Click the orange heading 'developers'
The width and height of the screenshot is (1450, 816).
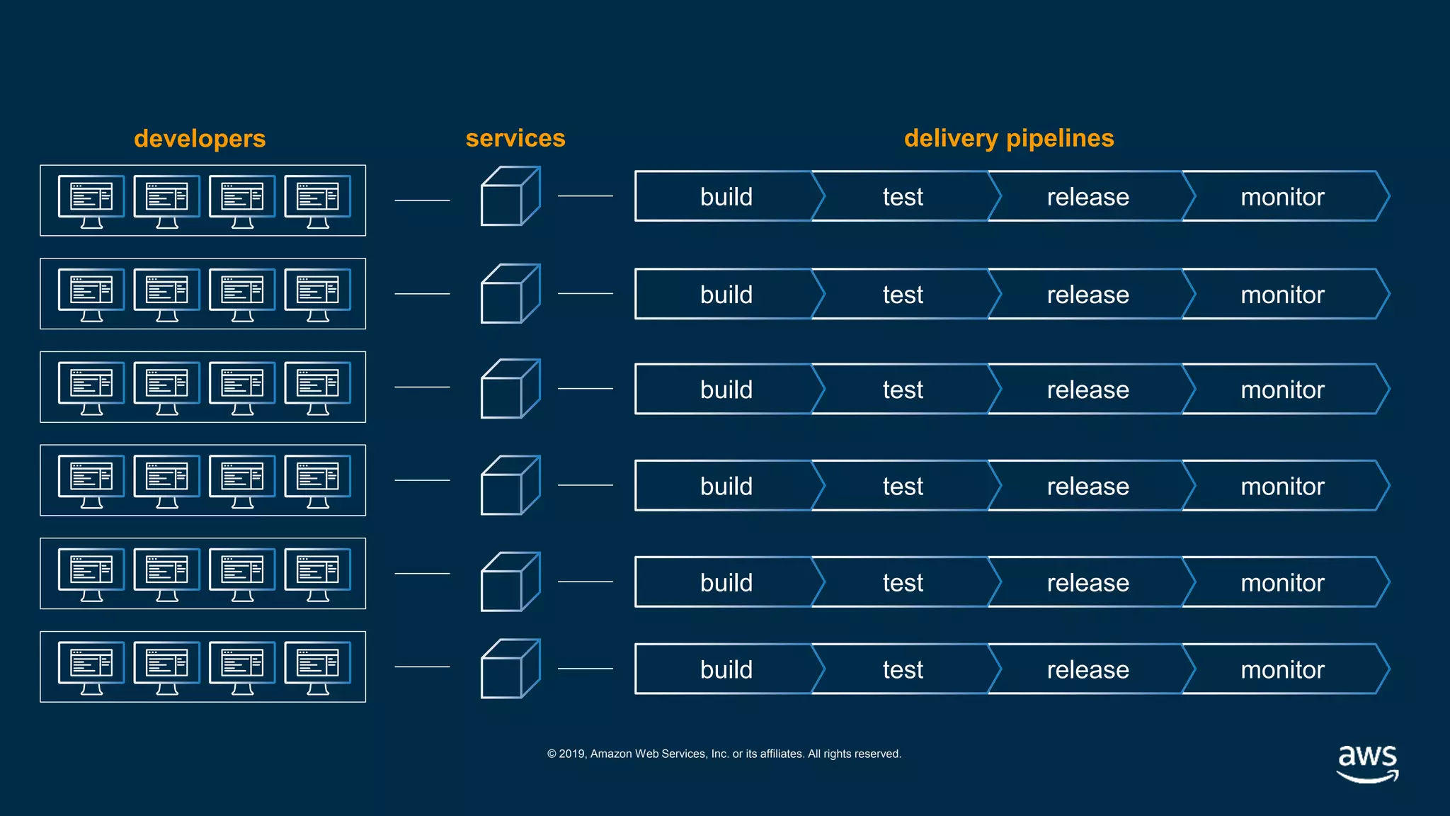click(200, 139)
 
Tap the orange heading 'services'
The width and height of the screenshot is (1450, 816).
click(515, 138)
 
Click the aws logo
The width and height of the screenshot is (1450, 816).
click(1367, 763)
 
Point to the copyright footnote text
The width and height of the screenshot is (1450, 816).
click(724, 754)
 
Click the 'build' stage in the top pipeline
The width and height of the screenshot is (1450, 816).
click(726, 197)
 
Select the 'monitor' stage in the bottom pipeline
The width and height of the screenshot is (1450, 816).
click(1281, 669)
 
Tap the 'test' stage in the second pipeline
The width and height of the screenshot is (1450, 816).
click(902, 295)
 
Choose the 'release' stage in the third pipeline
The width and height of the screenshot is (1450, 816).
click(1087, 390)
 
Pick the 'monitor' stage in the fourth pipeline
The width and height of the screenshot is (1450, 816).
click(1281, 487)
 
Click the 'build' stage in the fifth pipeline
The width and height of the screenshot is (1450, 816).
click(726, 583)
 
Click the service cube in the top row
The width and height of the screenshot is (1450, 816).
click(510, 197)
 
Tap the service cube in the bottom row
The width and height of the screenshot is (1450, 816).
click(510, 669)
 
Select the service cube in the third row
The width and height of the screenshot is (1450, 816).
click(510, 390)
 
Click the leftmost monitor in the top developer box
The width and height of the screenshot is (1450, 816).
click(91, 201)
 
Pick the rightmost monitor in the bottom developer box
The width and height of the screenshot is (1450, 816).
click(317, 667)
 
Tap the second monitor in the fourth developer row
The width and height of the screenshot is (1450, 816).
click(166, 481)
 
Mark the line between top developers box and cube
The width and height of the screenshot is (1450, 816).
click(422, 200)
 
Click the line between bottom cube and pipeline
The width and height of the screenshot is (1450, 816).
click(585, 669)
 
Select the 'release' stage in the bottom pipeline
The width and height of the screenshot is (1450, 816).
click(1087, 669)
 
